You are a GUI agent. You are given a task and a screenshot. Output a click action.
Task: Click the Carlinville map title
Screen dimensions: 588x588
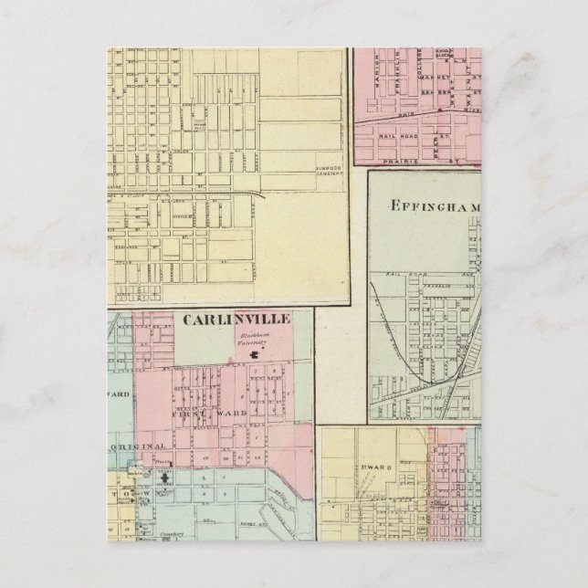(236, 319)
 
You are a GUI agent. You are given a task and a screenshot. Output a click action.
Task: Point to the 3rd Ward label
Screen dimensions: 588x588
(377, 468)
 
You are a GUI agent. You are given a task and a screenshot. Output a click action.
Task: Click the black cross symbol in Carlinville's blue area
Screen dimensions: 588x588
(163, 478)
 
